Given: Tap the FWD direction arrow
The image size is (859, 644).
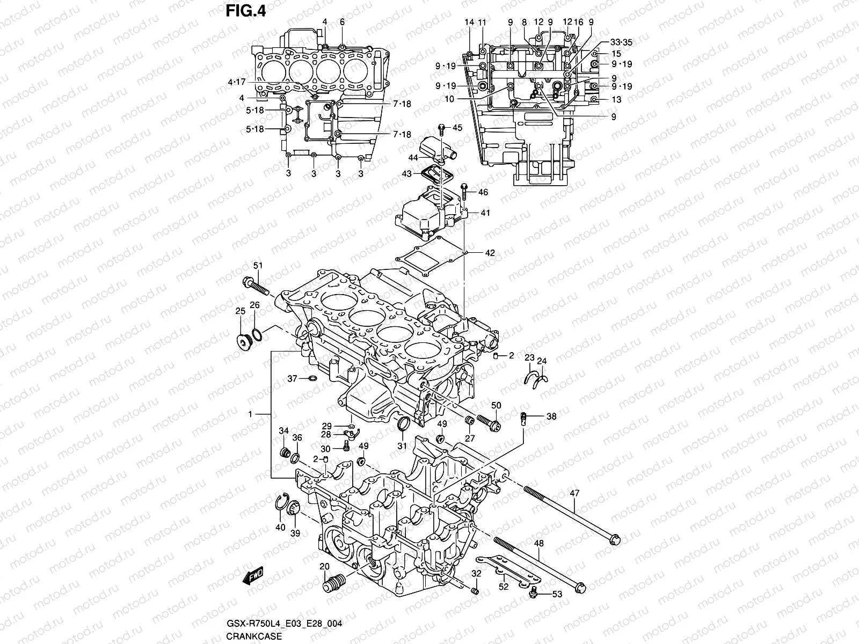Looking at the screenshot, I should tap(252, 576).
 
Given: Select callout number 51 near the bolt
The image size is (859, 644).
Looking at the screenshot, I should tap(258, 266).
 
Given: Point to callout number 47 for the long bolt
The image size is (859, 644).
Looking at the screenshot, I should tap(574, 492).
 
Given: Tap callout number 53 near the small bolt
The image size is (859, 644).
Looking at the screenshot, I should tap(557, 594).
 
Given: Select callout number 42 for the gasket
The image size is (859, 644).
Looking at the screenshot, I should tap(490, 253).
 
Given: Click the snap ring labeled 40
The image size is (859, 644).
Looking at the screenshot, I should tap(280, 503).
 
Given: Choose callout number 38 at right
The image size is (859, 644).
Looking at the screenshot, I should tap(551, 416).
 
